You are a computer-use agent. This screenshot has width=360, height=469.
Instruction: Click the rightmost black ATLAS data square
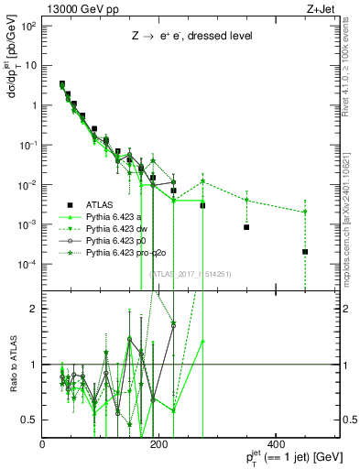305,251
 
